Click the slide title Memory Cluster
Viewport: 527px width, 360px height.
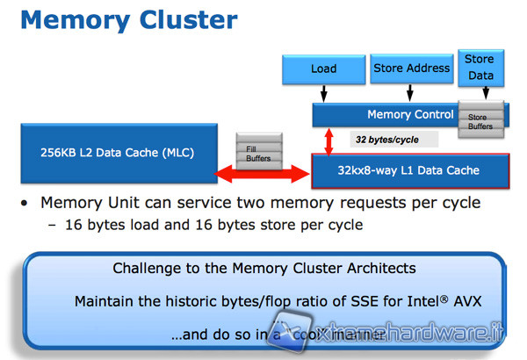point(128,19)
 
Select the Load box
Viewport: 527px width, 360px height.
point(323,68)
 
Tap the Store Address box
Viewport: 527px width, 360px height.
point(411,68)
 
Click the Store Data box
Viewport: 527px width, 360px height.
point(480,68)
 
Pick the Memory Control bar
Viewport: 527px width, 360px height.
point(386,114)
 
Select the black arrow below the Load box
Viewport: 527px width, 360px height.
point(323,93)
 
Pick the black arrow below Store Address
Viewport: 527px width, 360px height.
point(411,93)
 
